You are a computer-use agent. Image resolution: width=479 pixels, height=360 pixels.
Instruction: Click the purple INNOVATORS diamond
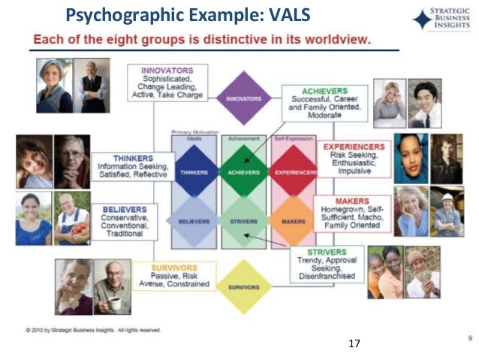244,98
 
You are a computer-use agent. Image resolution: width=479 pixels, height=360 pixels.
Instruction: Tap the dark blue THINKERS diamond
194,172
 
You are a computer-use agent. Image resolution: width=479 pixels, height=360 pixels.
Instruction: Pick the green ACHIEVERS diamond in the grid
243,172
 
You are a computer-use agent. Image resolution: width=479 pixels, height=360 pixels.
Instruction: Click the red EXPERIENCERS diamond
292,172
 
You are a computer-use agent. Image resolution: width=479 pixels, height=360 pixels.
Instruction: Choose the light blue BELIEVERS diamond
194,221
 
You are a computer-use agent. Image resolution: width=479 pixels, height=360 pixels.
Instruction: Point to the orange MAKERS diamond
292,221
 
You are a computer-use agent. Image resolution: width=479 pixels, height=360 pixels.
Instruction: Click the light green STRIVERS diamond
243,221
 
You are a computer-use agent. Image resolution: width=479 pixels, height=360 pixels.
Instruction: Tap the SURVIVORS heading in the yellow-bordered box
173,267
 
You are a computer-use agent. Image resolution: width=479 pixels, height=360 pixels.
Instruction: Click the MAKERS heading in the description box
351,202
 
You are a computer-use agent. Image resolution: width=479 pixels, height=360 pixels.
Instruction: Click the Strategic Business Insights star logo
423,20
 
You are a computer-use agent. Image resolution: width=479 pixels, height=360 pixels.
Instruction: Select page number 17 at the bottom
355,343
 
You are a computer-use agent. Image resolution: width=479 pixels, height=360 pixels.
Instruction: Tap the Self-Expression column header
293,138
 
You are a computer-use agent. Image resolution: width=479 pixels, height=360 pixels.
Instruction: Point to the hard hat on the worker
449,197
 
